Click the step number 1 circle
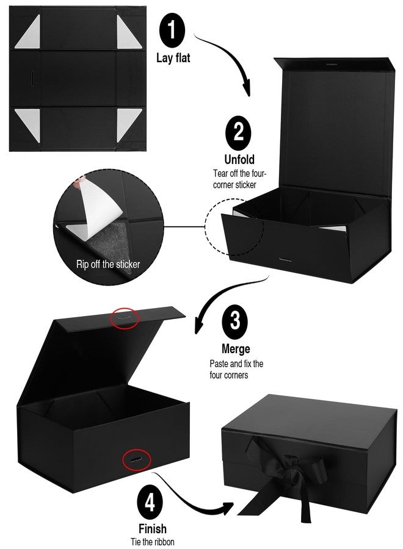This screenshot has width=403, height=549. point(172,30)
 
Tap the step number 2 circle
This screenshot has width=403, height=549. point(238,132)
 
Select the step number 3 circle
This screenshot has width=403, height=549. point(235,321)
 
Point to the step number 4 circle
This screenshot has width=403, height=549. point(150,503)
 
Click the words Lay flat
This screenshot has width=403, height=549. point(173,58)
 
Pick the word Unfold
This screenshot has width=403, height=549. point(239,160)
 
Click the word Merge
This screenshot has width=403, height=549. point(236,349)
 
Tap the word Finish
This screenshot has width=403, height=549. point(153,528)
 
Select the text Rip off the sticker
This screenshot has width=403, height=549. point(108,264)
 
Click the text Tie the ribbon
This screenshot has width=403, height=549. point(153,542)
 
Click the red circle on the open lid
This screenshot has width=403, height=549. point(125,318)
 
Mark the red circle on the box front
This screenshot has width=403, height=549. point(137,459)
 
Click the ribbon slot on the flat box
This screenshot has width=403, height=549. point(31,78)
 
